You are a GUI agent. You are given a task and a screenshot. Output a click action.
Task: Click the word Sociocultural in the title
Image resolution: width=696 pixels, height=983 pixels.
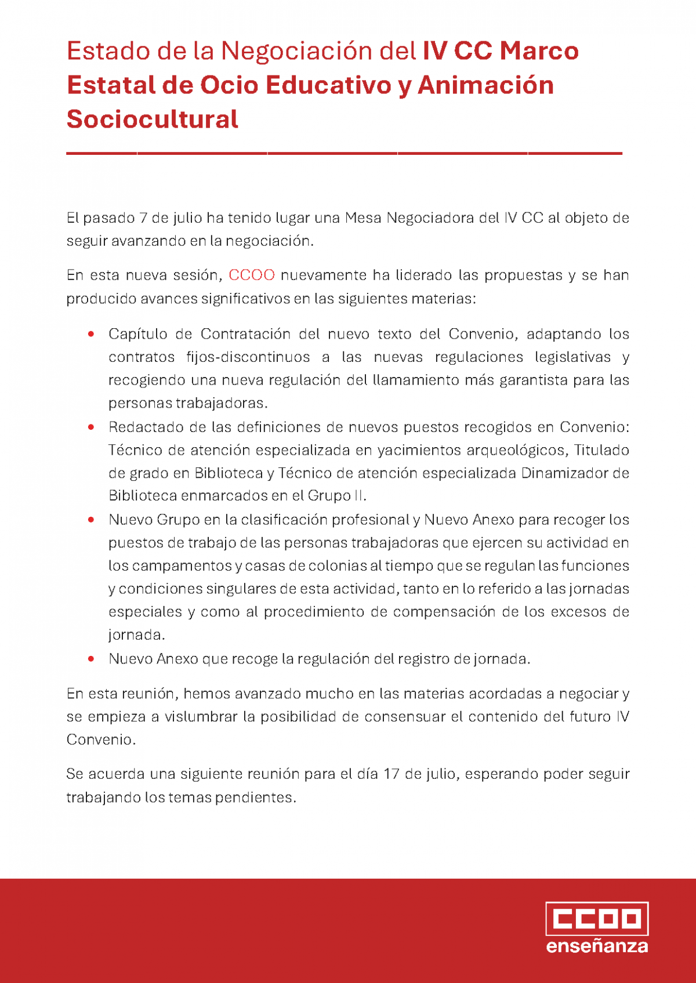(x=152, y=119)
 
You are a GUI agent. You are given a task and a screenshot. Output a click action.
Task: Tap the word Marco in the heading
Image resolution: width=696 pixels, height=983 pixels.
(x=539, y=51)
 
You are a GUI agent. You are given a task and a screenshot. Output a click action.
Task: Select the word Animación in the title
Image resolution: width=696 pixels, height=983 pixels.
(x=485, y=85)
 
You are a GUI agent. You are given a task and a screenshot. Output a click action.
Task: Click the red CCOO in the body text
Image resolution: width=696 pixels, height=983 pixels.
(x=252, y=275)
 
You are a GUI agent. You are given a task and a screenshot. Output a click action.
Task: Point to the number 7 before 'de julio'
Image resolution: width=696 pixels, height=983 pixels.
(x=143, y=218)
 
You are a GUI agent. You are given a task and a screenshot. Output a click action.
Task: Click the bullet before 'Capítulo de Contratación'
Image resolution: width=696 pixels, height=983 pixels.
(x=91, y=334)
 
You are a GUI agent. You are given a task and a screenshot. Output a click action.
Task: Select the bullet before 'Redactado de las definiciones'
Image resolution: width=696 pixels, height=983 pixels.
(x=91, y=427)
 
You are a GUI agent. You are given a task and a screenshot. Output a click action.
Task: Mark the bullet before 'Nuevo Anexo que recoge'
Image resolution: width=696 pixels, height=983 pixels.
(x=91, y=659)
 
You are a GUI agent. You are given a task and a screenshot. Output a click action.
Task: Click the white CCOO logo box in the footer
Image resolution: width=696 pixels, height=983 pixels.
(x=597, y=919)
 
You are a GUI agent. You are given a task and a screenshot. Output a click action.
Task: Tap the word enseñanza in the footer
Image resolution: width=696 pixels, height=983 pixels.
(x=597, y=946)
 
